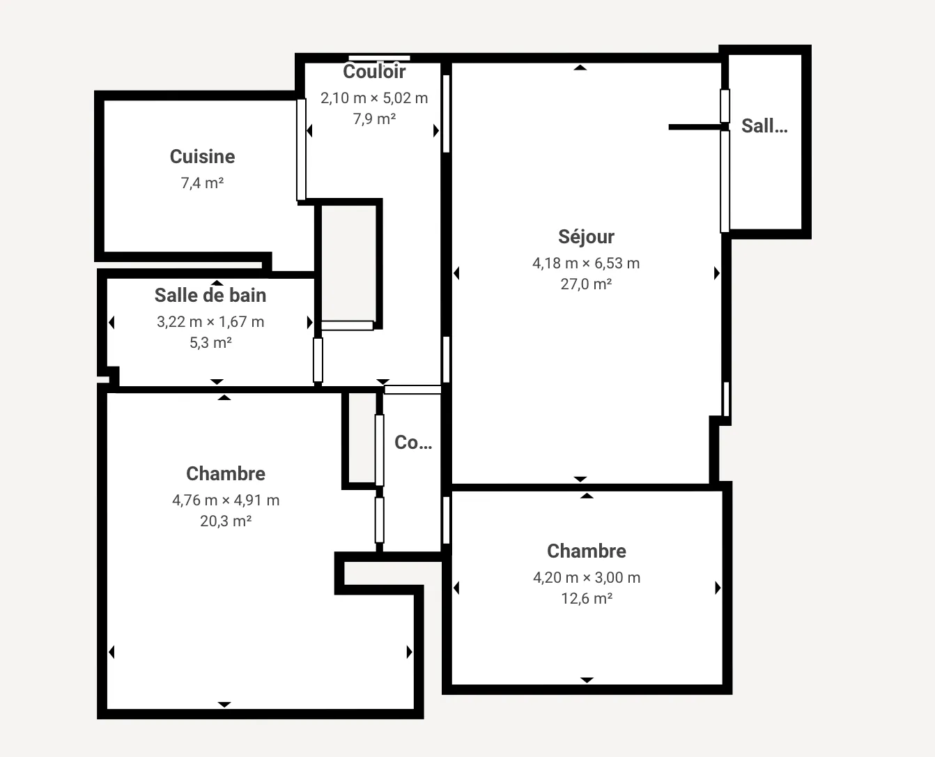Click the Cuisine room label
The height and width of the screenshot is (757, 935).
202,156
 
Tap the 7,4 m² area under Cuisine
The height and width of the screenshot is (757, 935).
202,183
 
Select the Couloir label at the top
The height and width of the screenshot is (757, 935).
374,72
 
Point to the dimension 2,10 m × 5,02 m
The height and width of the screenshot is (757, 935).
374,98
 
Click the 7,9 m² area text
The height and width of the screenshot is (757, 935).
374,119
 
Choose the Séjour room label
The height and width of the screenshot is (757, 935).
586,237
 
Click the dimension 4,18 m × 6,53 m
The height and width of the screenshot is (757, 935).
586,263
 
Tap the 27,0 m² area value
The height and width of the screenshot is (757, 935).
586,284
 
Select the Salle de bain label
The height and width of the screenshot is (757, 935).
210,296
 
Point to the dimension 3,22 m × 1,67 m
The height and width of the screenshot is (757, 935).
210,322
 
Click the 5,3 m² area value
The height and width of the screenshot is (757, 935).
210,343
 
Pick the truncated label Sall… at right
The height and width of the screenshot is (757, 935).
764,126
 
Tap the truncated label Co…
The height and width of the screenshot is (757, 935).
413,443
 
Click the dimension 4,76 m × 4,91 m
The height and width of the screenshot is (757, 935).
226,500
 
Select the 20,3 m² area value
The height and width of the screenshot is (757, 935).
226,521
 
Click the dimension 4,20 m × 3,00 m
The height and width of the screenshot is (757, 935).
587,578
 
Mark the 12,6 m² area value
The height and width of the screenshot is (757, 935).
587,599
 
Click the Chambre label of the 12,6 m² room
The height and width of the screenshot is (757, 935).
587,551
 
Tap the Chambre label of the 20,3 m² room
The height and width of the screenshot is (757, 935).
226,474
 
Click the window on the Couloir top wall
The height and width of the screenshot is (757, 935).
379,58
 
